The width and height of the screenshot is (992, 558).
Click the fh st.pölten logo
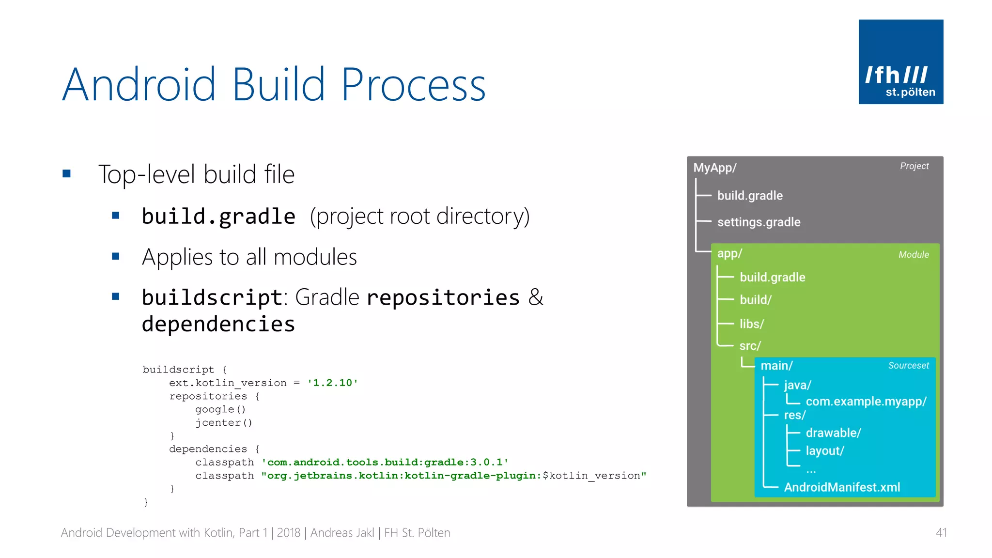900,62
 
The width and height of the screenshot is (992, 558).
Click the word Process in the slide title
413,85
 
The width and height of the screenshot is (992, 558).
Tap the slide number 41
941,533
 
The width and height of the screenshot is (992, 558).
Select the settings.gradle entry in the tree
759,222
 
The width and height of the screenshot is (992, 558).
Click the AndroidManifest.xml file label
842,487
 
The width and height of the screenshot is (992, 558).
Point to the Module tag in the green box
914,255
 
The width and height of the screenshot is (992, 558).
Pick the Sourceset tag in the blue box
908,366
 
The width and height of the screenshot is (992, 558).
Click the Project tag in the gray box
914,166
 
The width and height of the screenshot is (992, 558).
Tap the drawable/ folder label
833,433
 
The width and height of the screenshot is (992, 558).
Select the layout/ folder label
825,451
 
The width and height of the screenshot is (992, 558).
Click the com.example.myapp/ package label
866,402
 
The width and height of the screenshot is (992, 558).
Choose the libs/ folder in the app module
751,324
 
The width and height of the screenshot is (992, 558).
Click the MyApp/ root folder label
715,168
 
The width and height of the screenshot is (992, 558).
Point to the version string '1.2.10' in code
333,383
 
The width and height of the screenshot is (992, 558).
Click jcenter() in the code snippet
224,423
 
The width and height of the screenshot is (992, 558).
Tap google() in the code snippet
220,410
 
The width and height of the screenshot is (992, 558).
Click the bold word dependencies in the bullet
218,324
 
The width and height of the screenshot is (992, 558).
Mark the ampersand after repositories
536,297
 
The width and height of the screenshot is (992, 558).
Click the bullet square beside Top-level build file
67,173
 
